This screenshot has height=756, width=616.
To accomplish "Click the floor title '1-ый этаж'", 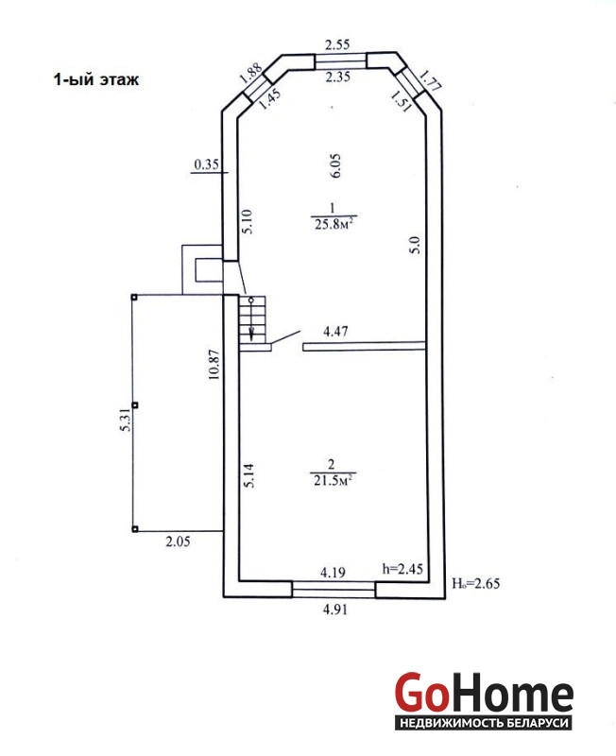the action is (x=96, y=79).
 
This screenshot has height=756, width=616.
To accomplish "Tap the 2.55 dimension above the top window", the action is (x=337, y=45).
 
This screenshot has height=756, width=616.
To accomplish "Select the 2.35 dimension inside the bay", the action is (x=337, y=77).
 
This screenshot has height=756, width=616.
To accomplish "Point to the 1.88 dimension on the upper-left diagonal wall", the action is (x=250, y=74).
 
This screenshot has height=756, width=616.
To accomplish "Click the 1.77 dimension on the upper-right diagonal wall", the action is (x=429, y=79).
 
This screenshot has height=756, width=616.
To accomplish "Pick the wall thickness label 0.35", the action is (x=206, y=164).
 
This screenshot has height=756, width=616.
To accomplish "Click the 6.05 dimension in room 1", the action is (x=336, y=166).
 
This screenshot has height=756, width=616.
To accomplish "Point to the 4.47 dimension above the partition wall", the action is (x=335, y=332).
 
